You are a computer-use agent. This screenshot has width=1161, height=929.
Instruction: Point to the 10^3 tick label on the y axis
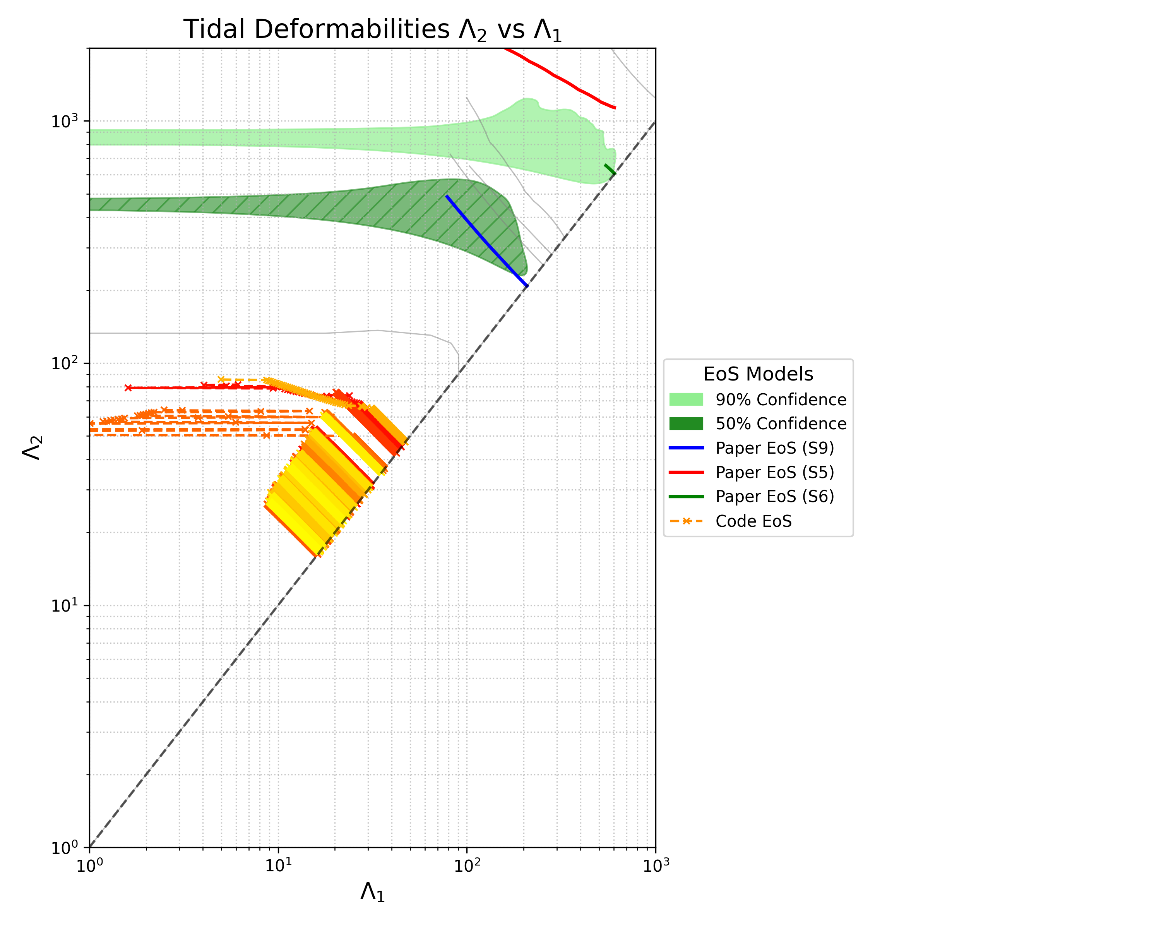click(65, 121)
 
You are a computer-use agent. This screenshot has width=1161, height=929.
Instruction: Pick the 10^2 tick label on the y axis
click(65, 363)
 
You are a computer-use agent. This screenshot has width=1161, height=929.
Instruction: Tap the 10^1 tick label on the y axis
click(65, 605)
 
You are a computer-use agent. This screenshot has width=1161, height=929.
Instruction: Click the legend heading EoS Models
click(758, 374)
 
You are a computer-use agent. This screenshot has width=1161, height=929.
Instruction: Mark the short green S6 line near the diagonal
click(610, 170)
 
